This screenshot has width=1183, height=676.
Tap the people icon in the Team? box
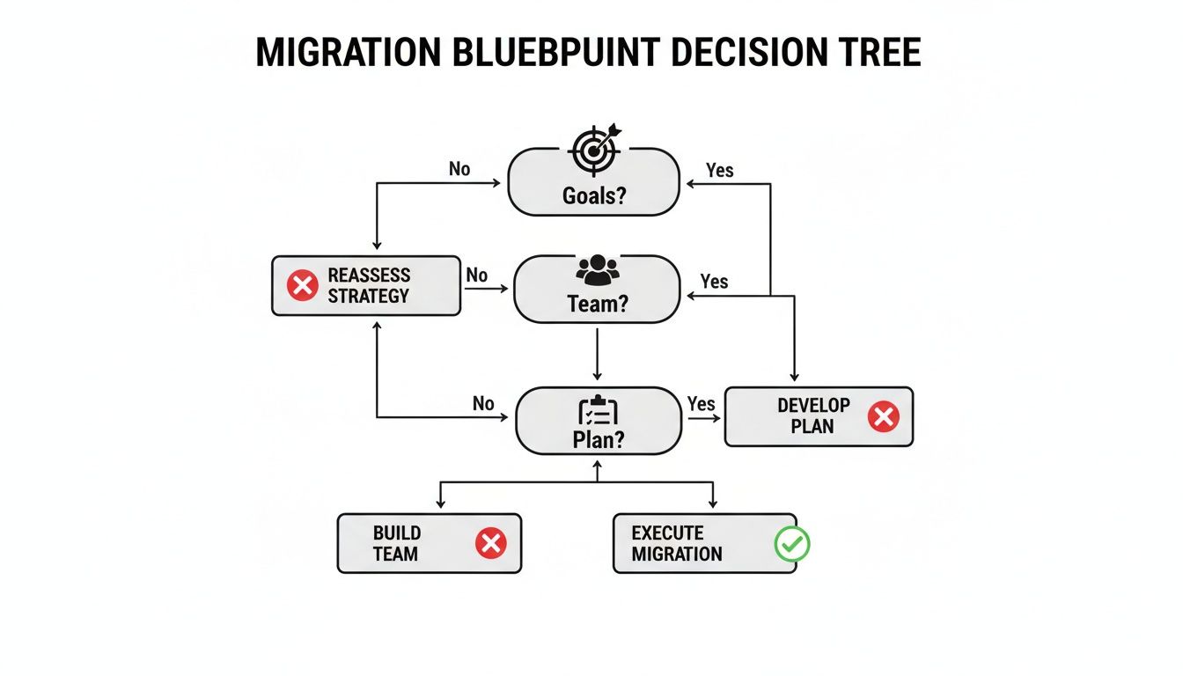pyautogui.click(x=597, y=269)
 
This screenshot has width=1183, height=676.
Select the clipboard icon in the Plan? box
pyautogui.click(x=598, y=411)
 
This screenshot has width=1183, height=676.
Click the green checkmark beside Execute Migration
pyautogui.click(x=791, y=544)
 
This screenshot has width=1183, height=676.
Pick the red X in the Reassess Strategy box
pyautogui.click(x=302, y=285)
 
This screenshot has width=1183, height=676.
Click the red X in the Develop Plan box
pyautogui.click(x=883, y=416)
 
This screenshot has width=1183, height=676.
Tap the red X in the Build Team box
pyautogui.click(x=490, y=544)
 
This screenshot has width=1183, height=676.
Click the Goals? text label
pyautogui.click(x=594, y=195)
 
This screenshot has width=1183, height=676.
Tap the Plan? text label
pyautogui.click(x=598, y=439)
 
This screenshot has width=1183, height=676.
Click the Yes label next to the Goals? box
pyautogui.click(x=719, y=170)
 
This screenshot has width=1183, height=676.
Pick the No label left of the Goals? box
pyautogui.click(x=459, y=168)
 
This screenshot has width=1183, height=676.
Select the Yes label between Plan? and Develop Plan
pyautogui.click(x=701, y=403)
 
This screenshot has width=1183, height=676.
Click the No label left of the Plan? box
pyautogui.click(x=483, y=403)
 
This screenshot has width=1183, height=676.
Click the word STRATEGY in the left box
pyautogui.click(x=368, y=296)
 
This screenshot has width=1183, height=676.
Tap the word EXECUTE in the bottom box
pyautogui.click(x=667, y=533)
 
